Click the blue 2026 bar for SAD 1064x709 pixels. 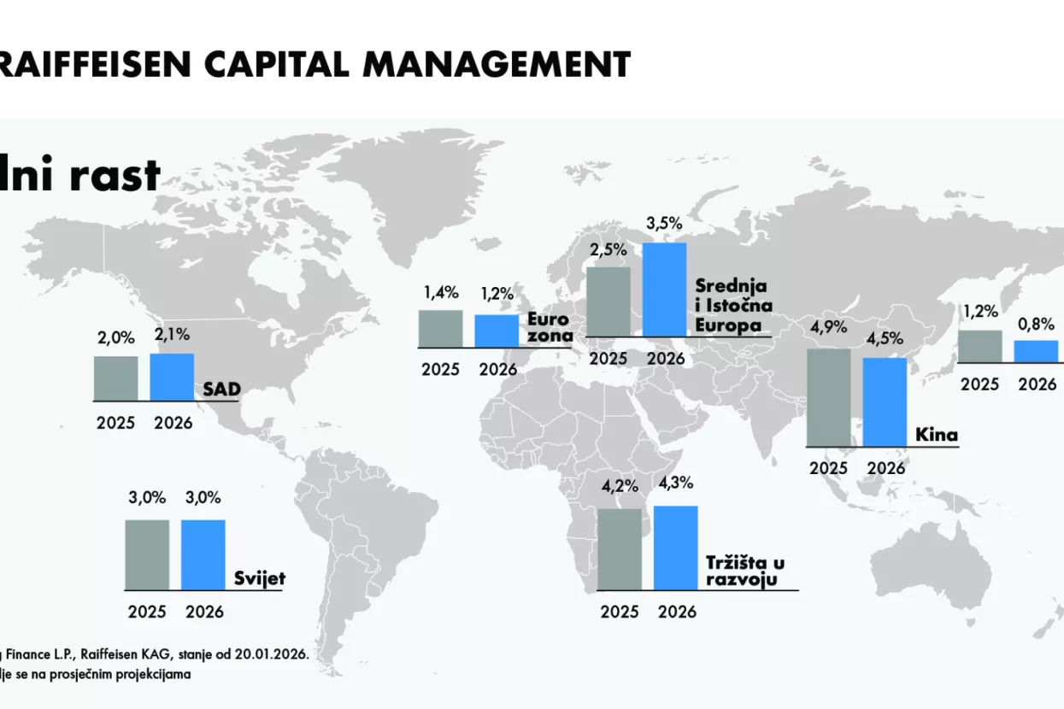(x=172, y=377)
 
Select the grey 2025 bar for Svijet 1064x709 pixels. (x=147, y=554)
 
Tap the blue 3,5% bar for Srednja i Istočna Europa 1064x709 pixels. (x=664, y=289)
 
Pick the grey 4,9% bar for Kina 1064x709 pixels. (x=829, y=397)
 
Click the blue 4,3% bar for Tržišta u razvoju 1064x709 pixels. (x=676, y=548)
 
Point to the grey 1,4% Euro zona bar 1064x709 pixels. (x=440, y=329)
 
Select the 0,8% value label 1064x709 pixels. (x=1035, y=325)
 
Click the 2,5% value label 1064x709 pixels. (x=608, y=250)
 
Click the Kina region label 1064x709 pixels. (x=937, y=436)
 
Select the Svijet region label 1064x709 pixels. (x=260, y=579)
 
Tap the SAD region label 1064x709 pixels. (x=221, y=390)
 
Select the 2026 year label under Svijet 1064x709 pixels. (x=203, y=612)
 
